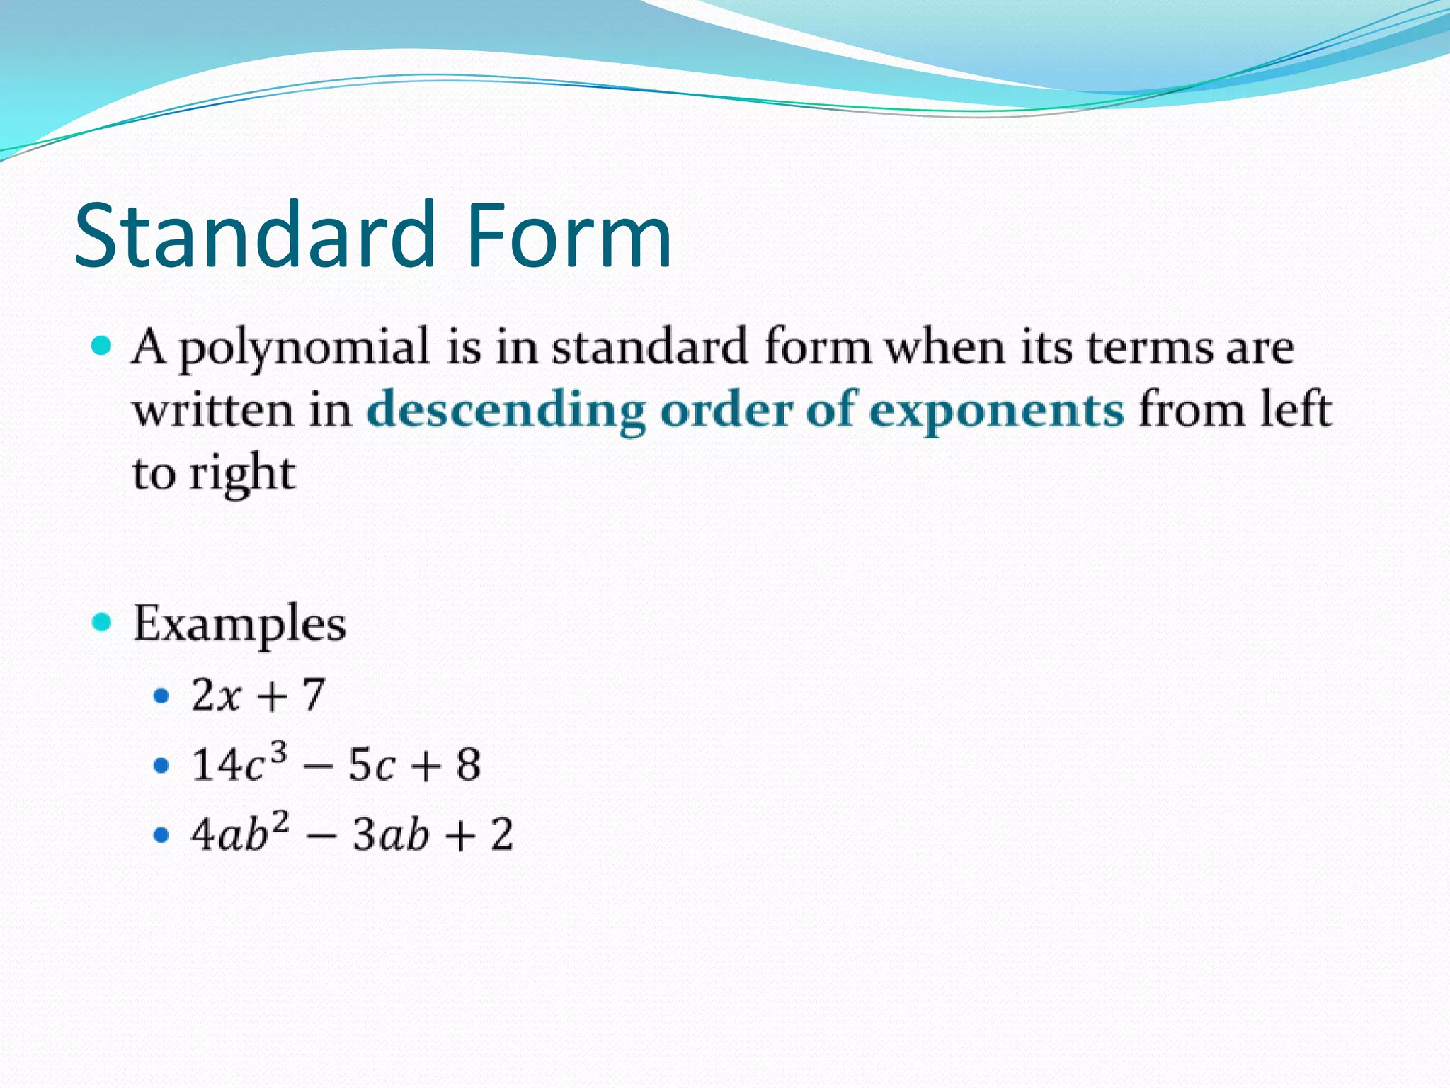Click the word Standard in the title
tap(255, 235)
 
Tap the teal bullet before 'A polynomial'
tap(102, 346)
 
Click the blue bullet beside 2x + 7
tap(161, 696)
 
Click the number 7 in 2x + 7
tap(314, 696)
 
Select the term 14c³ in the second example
tap(239, 764)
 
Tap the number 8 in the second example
tap(468, 766)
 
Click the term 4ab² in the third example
tap(239, 833)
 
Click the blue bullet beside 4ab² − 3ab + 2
tap(161, 836)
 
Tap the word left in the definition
tap(1296, 409)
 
